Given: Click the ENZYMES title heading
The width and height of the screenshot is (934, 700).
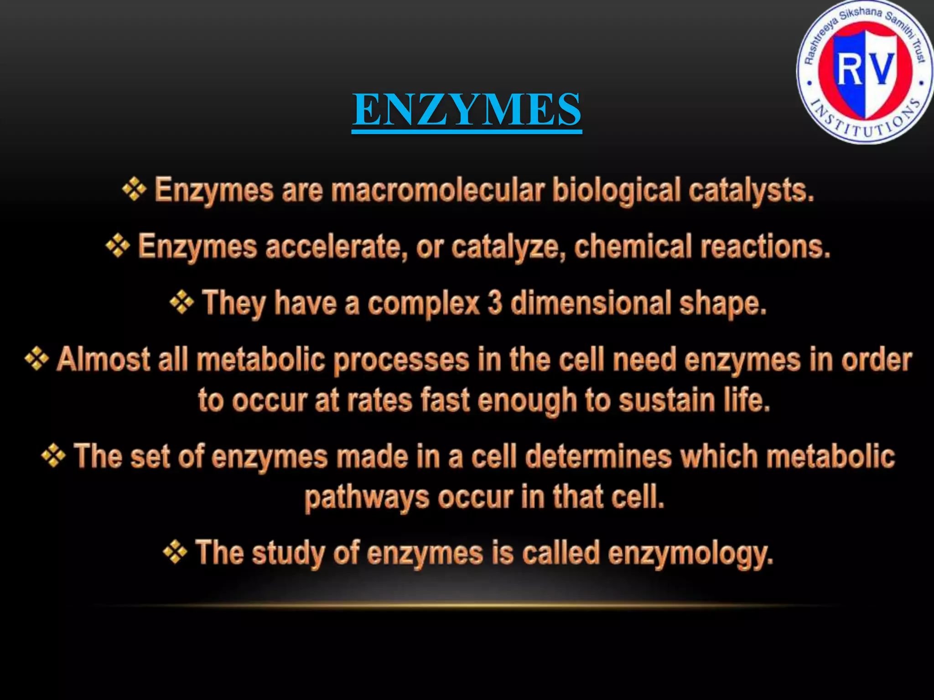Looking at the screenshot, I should point(467,109).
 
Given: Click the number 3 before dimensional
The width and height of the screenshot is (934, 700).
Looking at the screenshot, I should point(494,303).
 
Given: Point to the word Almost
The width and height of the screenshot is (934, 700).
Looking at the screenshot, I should point(103,360).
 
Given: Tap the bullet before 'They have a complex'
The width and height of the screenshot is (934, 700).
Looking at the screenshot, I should point(182,302).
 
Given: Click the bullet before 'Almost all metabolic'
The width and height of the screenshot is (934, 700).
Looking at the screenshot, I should point(36,359).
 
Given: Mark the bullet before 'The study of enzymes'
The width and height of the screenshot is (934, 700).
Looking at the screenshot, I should point(175,552).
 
